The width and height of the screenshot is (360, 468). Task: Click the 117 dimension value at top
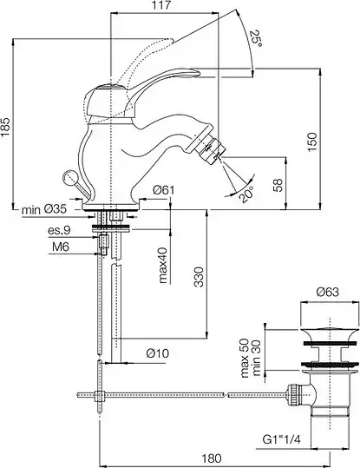[162, 5]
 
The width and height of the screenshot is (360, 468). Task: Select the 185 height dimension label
[6, 127]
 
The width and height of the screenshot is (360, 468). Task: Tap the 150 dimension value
[312, 142]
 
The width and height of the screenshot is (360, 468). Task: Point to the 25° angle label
[256, 38]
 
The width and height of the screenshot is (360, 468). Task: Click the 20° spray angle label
[246, 194]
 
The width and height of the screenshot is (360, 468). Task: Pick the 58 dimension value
[278, 185]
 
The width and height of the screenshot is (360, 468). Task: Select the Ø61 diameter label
[163, 190]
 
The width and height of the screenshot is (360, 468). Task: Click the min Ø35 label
[44, 209]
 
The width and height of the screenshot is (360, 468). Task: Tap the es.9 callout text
[59, 230]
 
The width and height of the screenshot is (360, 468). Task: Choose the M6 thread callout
[61, 247]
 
